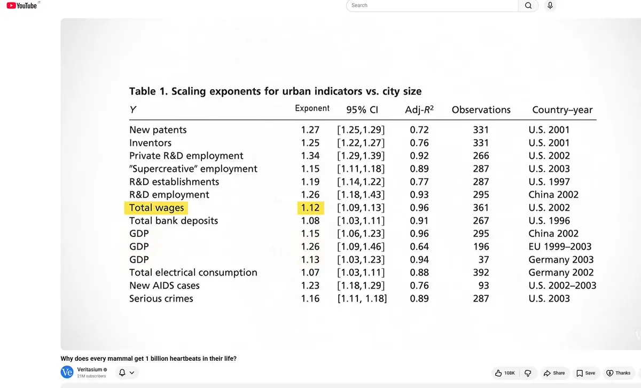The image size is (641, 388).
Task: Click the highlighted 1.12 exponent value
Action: click(310, 208)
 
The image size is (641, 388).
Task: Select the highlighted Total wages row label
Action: click(156, 208)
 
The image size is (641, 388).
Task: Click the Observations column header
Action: click(481, 110)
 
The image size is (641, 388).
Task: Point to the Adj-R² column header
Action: click(419, 110)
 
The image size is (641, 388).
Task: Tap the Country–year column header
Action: click(562, 110)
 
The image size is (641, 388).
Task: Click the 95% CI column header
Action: click(362, 110)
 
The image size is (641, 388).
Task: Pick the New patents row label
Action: click(158, 130)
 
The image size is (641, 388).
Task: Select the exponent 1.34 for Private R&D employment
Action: click(310, 156)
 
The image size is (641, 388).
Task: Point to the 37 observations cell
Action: click(483, 259)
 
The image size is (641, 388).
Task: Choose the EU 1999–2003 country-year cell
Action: click(560, 247)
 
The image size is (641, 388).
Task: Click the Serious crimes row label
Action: click(161, 298)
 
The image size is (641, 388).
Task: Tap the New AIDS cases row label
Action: click(165, 286)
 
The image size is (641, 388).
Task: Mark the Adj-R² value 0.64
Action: click(419, 247)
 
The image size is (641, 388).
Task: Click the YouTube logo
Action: click(22, 5)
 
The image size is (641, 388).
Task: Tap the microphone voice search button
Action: click(550, 5)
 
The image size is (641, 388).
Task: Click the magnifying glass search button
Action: click(528, 5)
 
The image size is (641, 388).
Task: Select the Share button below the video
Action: click(554, 373)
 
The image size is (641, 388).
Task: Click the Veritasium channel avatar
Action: click(67, 372)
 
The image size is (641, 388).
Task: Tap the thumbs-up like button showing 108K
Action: click(505, 373)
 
